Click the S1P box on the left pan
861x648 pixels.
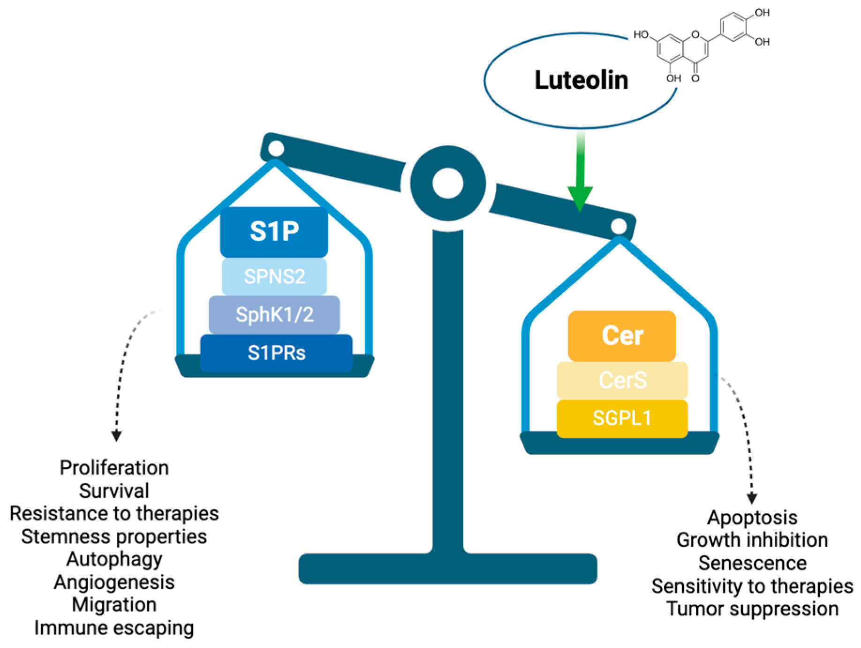[274, 232]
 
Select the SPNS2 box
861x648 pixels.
[274, 276]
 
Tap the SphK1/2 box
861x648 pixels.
[274, 314]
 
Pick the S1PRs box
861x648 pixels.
[276, 353]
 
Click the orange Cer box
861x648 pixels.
[622, 336]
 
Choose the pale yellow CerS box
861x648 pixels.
[622, 380]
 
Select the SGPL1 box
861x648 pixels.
[622, 418]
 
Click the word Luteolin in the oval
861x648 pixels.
[581, 80]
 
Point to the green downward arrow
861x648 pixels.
[580, 178]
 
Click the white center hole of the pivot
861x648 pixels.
[448, 183]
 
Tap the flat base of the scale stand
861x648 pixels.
[448, 569]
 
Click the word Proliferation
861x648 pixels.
[114, 468]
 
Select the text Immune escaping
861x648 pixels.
[114, 628]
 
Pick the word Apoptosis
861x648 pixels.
[752, 518]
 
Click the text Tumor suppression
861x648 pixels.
[752, 609]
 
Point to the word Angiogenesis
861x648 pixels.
[114, 582]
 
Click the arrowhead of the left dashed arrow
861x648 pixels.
[116, 436]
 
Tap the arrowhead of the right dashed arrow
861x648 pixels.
[751, 498]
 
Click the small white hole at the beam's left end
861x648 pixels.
[276, 149]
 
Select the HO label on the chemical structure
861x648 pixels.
[641, 35]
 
